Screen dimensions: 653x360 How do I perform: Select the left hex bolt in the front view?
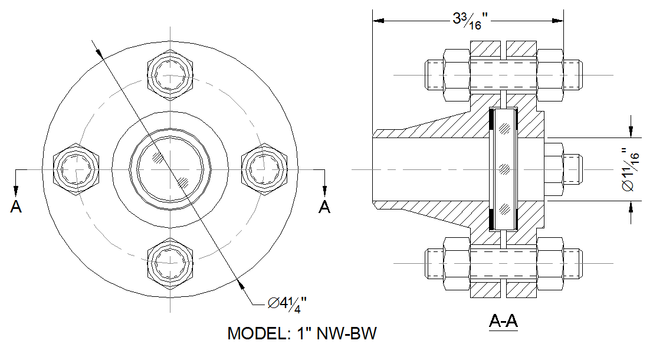point(76,169)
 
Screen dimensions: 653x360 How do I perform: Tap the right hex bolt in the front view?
point(264,169)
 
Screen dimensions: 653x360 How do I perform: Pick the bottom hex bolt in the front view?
point(170,263)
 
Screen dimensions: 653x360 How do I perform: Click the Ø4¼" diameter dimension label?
point(287,304)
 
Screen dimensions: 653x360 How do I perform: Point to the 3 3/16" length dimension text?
point(470,21)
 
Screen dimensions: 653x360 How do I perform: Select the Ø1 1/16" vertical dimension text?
point(629,169)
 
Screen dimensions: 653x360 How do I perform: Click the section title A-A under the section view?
point(503,321)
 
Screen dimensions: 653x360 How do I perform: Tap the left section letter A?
point(16,206)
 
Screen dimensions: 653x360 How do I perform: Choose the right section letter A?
point(324,206)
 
